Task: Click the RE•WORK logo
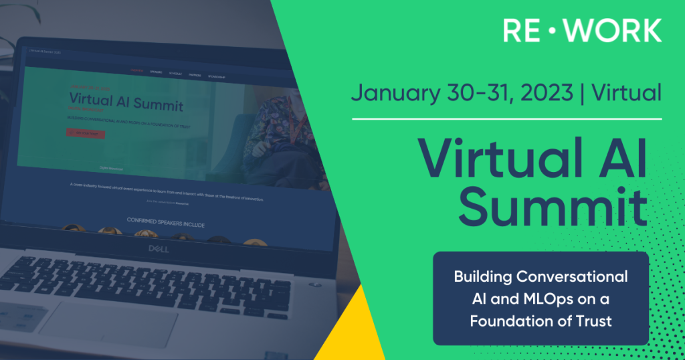click(581, 30)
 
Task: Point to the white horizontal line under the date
click(507, 119)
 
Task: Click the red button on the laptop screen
click(85, 133)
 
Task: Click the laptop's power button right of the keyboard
click(315, 285)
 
